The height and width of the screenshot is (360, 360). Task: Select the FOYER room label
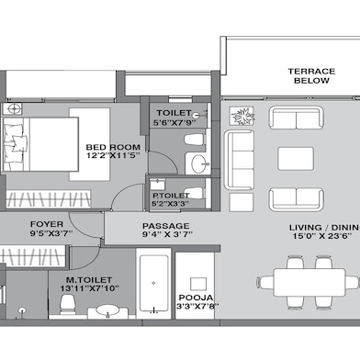click(x=46, y=223)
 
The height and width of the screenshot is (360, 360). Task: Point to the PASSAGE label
click(x=165, y=226)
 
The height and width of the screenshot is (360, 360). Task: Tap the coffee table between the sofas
click(x=291, y=157)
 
